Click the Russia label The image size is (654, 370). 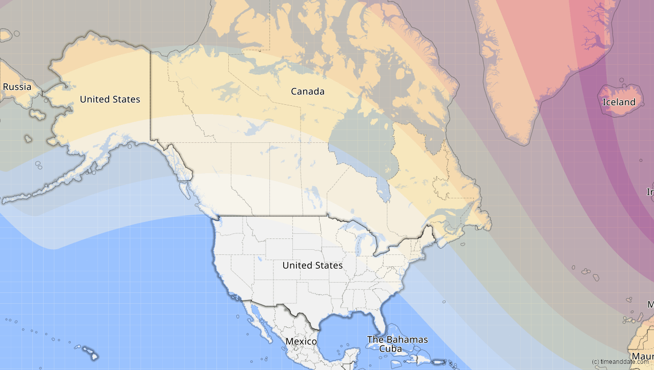(17, 86)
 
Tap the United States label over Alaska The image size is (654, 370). (110, 99)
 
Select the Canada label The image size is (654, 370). (307, 91)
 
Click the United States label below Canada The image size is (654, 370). (312, 265)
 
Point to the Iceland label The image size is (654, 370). (619, 102)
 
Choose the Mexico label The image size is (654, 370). (301, 341)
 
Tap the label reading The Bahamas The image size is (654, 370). (397, 340)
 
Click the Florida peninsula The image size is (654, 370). (379, 321)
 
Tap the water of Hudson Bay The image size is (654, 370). (354, 139)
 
